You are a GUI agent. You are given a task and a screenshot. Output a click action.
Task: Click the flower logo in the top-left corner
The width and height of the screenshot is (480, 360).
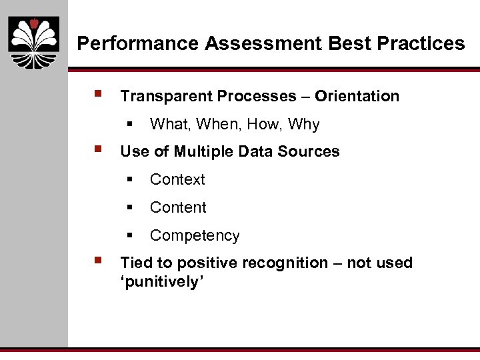[33, 42]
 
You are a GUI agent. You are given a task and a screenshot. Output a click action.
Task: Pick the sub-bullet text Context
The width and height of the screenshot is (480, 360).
[177, 180]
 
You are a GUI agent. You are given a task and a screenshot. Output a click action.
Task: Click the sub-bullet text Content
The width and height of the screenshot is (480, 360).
[178, 208]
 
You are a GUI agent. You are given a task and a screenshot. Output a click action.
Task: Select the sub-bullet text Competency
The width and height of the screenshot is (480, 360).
[195, 236]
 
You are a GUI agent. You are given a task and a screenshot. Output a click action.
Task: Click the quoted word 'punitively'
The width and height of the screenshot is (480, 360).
[161, 282]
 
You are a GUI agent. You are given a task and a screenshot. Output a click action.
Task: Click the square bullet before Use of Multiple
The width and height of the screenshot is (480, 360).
[99, 149]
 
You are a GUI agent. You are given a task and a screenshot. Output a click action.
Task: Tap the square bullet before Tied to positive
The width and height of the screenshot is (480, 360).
[99, 261]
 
